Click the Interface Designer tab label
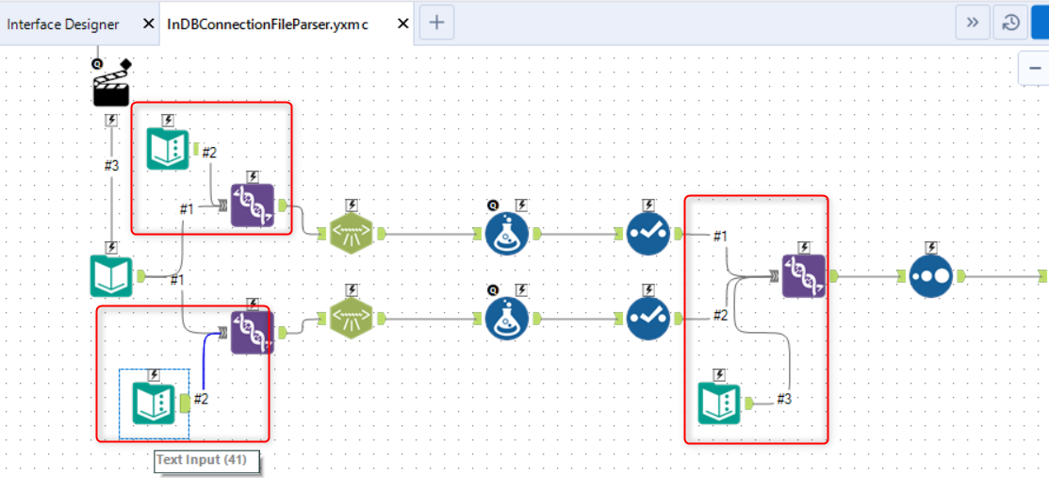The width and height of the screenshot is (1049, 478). coord(63,24)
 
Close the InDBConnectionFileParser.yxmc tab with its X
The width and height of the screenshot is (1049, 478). coord(403,24)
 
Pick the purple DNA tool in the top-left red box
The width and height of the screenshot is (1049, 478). coord(252,206)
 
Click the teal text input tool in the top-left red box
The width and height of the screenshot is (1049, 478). coord(168,149)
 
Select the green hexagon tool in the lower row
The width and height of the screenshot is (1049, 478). coord(351,319)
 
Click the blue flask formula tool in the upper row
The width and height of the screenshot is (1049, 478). coord(507,234)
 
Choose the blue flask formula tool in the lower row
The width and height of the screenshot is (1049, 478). coord(507,319)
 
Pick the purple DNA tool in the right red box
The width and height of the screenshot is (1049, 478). coord(804,275)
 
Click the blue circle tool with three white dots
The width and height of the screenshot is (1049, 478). coord(931,275)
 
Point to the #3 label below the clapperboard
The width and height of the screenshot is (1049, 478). coord(111,165)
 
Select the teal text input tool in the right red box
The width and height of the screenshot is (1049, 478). coord(719,404)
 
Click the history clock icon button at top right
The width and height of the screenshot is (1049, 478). coord(1010,23)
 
